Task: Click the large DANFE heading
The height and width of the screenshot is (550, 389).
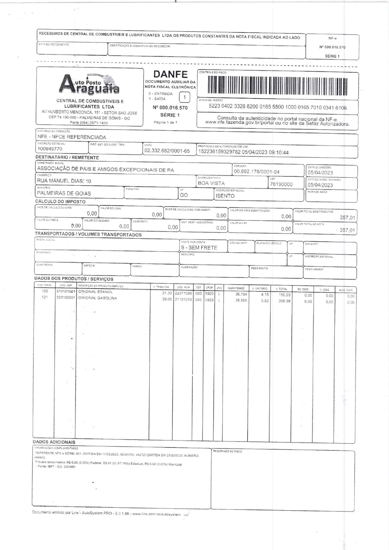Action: (170, 74)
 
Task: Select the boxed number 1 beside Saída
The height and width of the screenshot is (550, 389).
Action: (185, 97)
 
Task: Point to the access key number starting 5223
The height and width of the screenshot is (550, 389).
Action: (278, 107)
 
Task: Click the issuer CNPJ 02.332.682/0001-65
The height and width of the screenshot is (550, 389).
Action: (167, 151)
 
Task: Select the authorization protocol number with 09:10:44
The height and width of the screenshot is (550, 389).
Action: (243, 152)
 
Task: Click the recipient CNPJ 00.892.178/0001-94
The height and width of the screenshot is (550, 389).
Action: (256, 171)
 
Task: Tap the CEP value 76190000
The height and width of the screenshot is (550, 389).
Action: (281, 184)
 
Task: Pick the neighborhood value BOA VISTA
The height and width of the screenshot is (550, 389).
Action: (211, 183)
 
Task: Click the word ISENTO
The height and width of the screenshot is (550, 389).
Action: (225, 196)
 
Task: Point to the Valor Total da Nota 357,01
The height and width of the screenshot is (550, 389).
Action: (347, 230)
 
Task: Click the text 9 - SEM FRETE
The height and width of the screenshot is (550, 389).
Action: (199, 248)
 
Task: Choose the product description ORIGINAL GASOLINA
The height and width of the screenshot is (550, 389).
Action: (97, 298)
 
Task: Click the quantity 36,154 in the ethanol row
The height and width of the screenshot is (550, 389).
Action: (241, 294)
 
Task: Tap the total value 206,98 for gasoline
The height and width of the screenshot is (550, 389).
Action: (285, 301)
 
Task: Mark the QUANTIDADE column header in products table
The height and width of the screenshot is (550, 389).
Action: (236, 288)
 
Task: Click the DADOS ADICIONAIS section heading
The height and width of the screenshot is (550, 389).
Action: (54, 442)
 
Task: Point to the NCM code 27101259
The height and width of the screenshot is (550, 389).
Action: (183, 300)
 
